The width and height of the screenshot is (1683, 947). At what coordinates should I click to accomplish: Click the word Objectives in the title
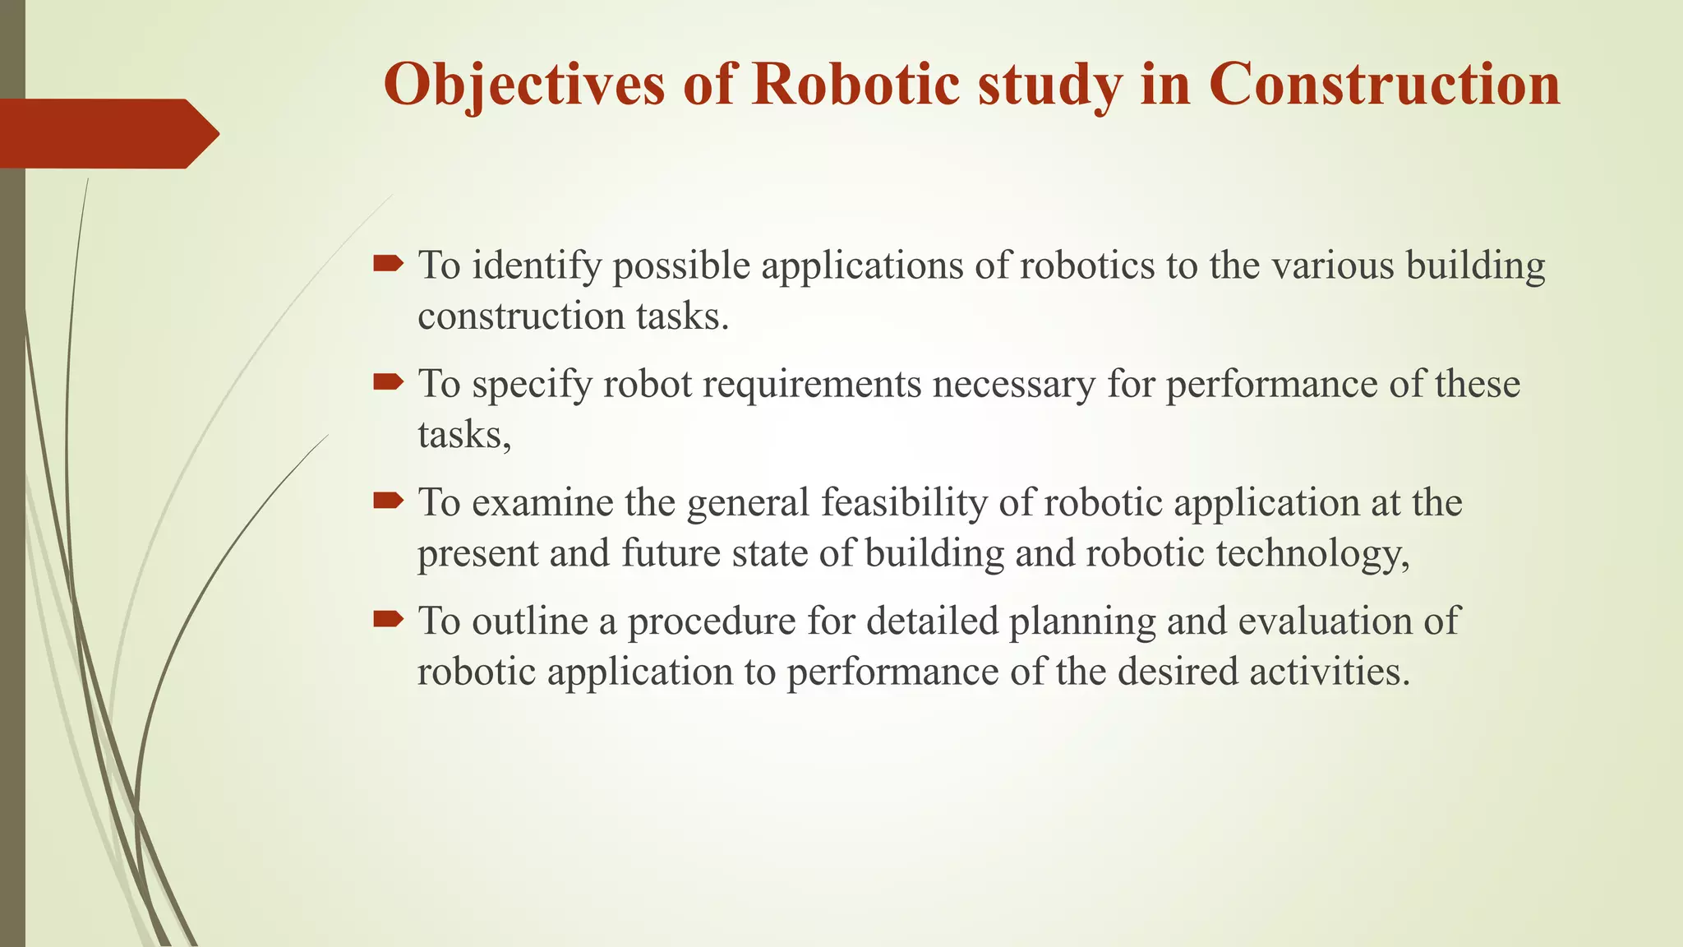(x=523, y=84)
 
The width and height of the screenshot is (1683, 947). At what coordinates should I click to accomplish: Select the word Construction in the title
(x=1384, y=84)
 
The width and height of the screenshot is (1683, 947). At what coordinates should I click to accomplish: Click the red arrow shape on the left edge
(x=107, y=133)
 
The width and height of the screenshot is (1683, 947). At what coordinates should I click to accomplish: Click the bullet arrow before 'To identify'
(x=388, y=264)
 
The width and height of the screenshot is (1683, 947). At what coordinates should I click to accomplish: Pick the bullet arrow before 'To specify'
(x=388, y=381)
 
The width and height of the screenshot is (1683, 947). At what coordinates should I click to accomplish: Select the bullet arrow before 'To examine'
(x=388, y=500)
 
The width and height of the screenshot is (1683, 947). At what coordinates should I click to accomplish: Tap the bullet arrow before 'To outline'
(x=388, y=618)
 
